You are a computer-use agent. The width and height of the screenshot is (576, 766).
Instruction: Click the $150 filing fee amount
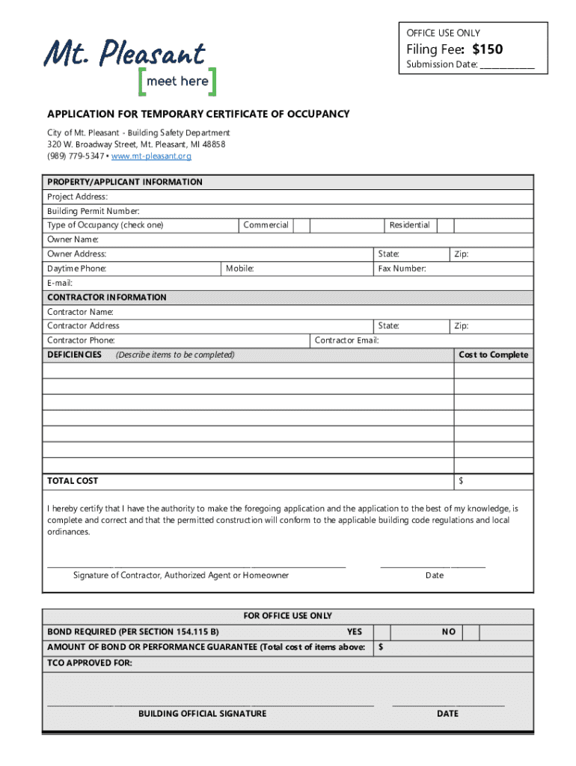click(487, 49)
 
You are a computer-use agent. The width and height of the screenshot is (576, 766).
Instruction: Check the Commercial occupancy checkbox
click(301, 225)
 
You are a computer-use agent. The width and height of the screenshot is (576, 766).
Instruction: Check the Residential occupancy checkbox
click(445, 225)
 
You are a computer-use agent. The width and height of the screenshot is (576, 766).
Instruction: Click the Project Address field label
click(77, 197)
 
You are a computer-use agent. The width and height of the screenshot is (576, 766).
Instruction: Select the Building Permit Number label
click(93, 211)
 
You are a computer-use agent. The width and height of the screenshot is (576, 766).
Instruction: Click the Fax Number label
click(402, 269)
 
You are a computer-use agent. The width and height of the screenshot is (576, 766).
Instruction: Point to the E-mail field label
click(60, 283)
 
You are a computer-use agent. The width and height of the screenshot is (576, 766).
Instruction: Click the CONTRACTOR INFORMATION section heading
click(106, 297)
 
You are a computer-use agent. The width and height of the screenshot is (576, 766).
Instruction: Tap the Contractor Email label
click(346, 340)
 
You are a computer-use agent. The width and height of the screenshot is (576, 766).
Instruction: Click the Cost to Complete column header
click(493, 355)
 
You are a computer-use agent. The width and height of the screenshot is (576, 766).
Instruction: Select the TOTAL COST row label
click(73, 481)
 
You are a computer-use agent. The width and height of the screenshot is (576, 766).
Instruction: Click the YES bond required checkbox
click(382, 632)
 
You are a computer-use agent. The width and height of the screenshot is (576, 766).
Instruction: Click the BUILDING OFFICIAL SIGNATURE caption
click(202, 714)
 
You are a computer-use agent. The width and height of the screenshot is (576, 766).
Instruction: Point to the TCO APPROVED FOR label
click(90, 663)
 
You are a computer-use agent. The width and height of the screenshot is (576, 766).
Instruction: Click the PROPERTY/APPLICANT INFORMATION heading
click(124, 182)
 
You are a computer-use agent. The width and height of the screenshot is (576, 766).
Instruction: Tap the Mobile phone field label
click(240, 269)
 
